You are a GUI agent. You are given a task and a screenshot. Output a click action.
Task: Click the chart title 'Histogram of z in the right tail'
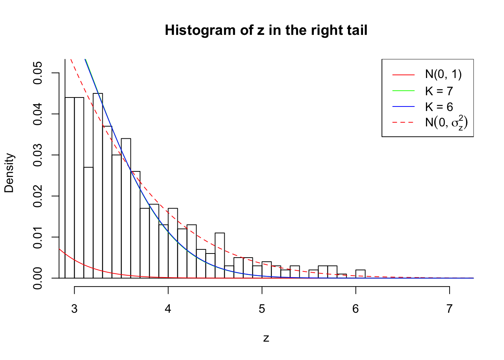[x=266, y=30]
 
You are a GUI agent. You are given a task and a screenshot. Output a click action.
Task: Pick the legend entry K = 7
[x=439, y=91]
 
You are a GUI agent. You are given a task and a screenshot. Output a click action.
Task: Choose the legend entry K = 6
[x=439, y=107]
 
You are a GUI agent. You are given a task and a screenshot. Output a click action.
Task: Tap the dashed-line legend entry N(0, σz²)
[x=446, y=122]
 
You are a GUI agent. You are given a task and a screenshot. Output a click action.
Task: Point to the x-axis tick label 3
[x=74, y=309]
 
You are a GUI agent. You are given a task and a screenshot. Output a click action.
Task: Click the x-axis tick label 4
[x=168, y=309]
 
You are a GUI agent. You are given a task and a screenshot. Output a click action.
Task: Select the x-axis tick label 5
[x=262, y=309]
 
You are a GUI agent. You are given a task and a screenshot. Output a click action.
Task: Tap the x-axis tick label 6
[x=355, y=309]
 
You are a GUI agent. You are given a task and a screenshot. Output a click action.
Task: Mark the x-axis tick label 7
[x=449, y=309]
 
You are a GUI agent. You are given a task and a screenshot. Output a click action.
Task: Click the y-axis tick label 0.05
[x=38, y=73]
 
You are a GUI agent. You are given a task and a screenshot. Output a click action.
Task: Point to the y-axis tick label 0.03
[x=38, y=155]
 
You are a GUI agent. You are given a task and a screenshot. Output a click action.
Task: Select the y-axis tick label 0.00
[x=38, y=278]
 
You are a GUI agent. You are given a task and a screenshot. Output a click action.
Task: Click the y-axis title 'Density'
[x=9, y=173]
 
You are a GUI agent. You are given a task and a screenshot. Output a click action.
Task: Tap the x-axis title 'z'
[x=266, y=338]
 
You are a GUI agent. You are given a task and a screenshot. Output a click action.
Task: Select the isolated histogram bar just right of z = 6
[x=360, y=274]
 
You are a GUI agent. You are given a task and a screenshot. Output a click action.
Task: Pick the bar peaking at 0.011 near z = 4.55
[x=220, y=256]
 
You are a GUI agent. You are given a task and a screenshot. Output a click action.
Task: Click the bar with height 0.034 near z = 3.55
[x=126, y=208]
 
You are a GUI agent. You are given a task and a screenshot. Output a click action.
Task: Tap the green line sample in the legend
[x=403, y=91]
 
